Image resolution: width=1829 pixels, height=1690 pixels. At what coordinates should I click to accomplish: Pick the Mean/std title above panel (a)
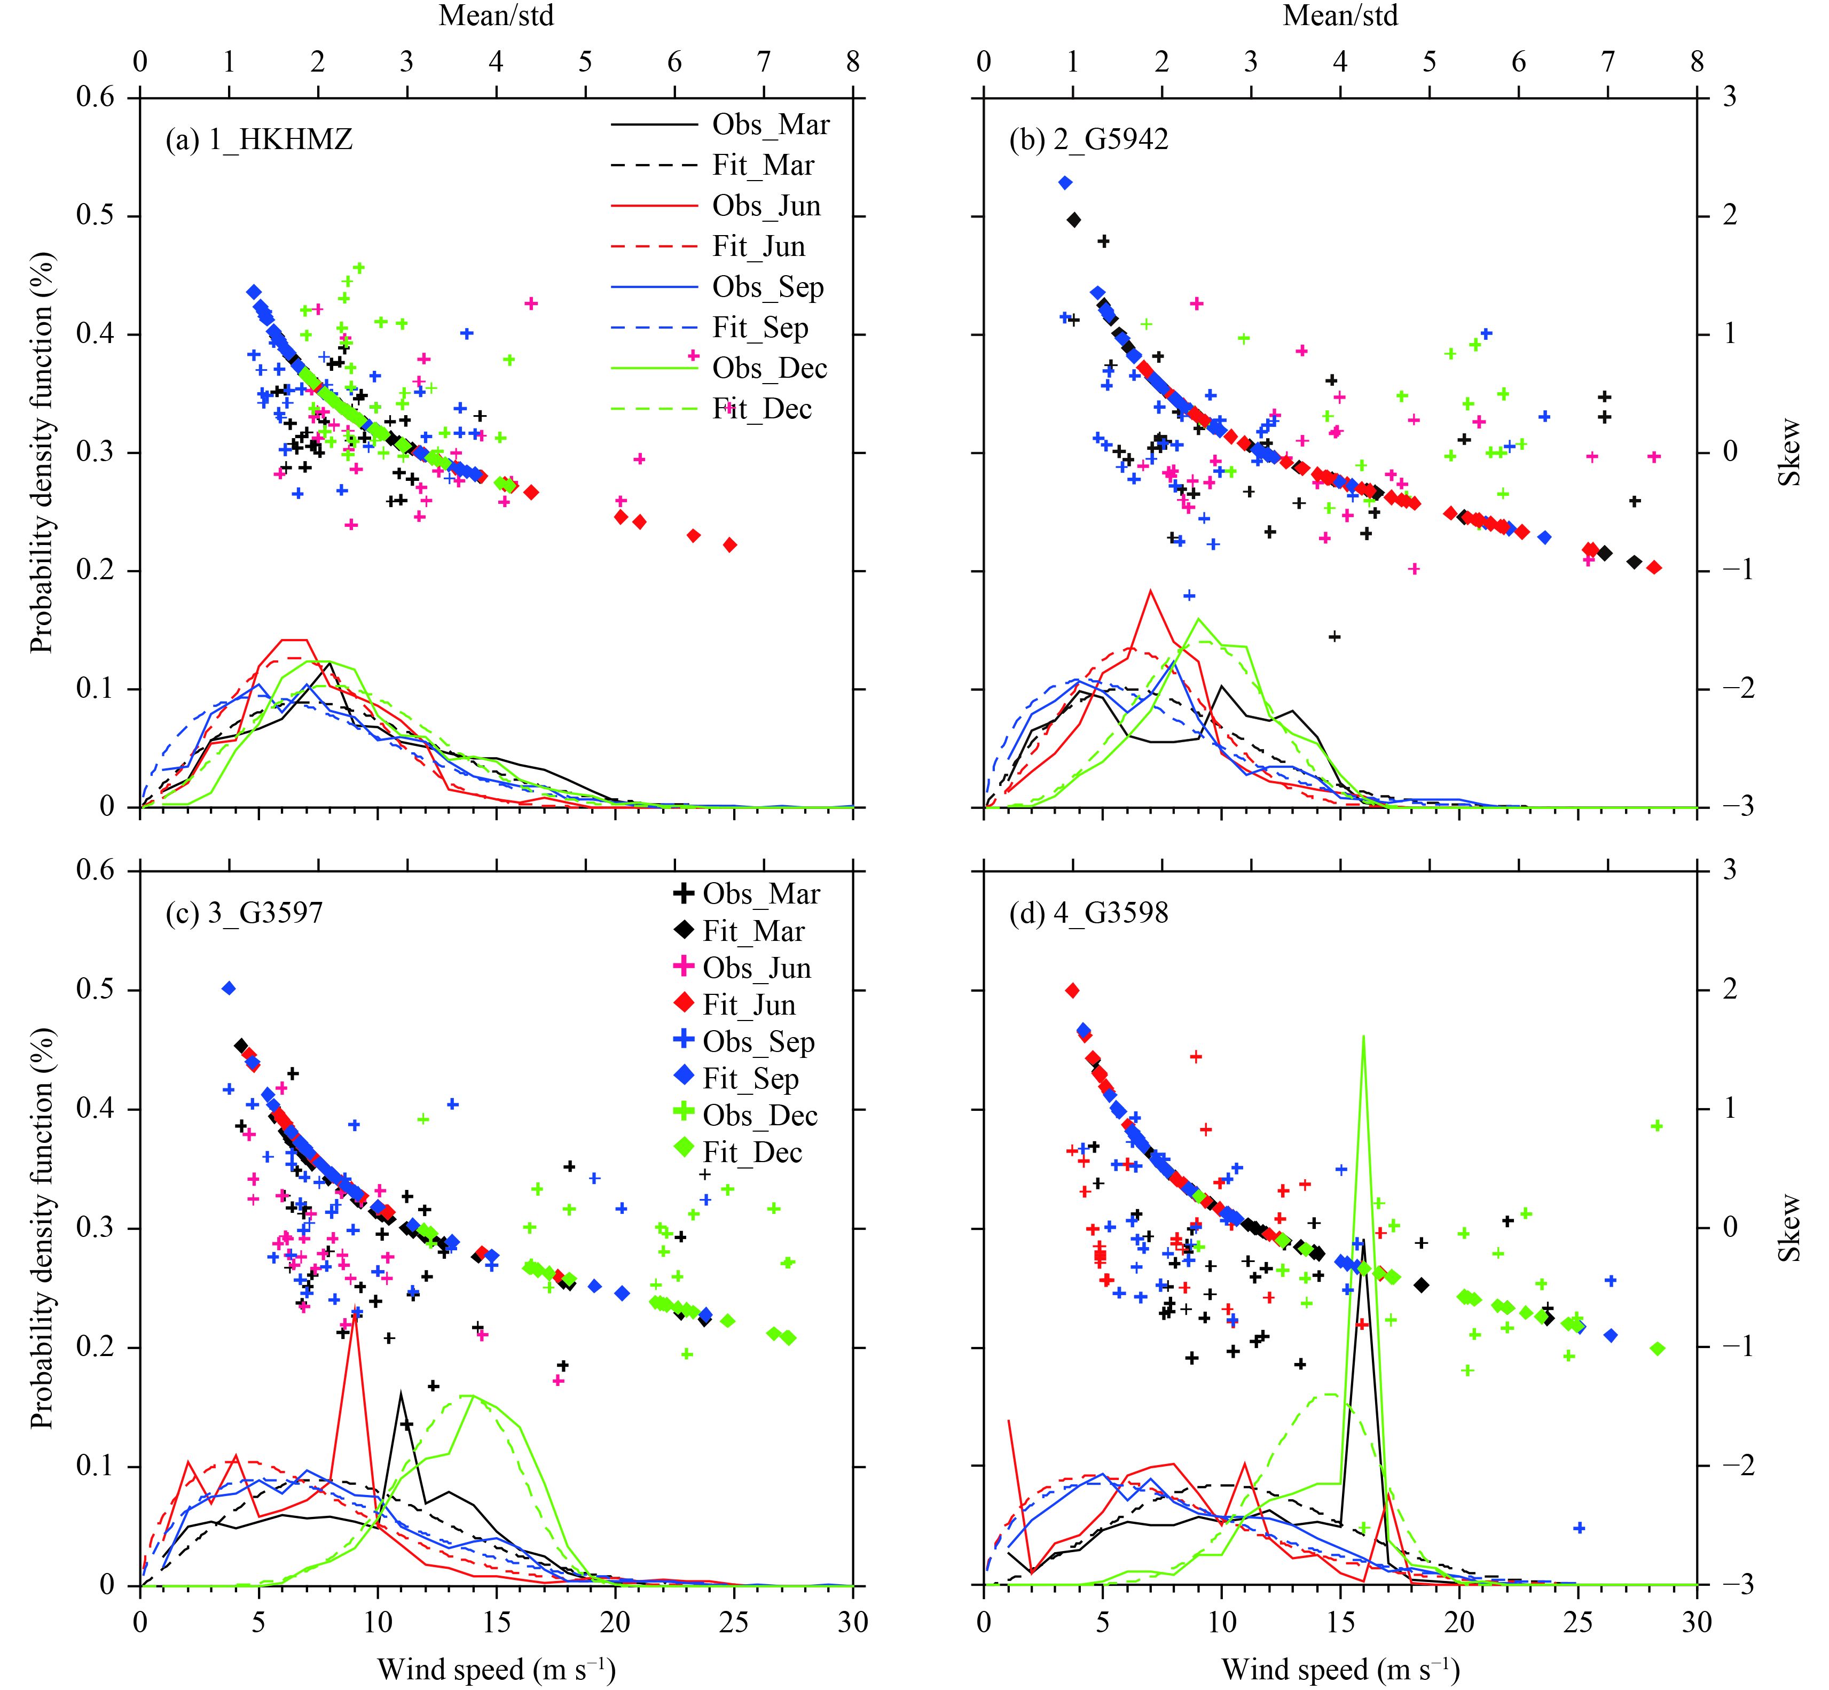496,15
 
